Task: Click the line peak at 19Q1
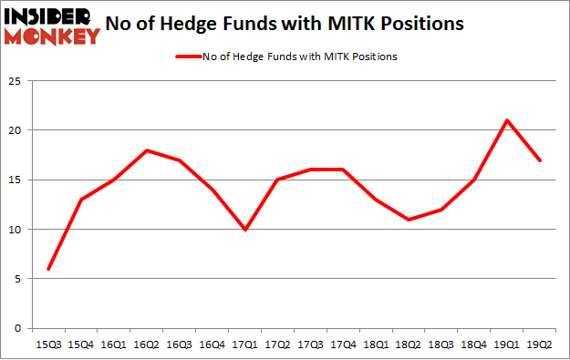pyautogui.click(x=506, y=120)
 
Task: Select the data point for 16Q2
pyautogui.click(x=147, y=150)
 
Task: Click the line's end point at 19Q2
pyautogui.click(x=539, y=160)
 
